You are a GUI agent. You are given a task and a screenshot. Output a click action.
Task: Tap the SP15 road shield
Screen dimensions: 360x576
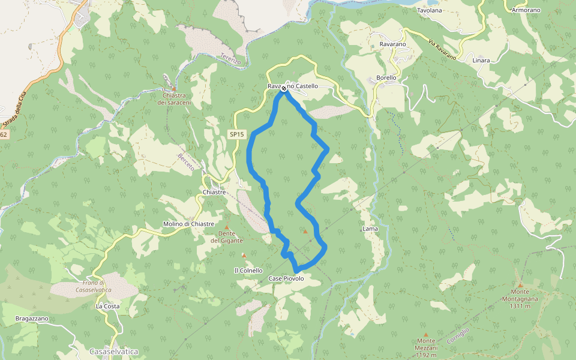[236, 134]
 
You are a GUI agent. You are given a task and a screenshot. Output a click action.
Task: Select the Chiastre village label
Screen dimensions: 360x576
[214, 192]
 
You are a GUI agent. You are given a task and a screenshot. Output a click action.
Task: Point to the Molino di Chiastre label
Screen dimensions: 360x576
[188, 224]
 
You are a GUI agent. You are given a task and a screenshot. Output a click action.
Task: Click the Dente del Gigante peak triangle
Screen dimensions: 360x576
[227, 227]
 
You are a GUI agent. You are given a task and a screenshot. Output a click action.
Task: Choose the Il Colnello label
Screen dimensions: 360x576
[248, 271]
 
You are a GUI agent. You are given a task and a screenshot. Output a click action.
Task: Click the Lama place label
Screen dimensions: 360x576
[370, 229]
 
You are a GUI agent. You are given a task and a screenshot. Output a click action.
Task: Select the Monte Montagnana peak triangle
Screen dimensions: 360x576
[520, 285]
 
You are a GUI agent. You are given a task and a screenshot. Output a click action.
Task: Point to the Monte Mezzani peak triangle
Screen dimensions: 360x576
[426, 335]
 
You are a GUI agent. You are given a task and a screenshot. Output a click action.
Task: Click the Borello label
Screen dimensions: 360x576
[386, 78]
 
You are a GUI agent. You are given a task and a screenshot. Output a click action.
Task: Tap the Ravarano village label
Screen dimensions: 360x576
[393, 44]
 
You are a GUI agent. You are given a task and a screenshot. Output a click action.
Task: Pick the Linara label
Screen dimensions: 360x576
[481, 61]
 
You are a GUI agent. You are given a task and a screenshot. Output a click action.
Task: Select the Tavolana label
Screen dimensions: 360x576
[429, 11]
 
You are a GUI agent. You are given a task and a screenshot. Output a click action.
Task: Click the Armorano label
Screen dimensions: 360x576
[526, 11]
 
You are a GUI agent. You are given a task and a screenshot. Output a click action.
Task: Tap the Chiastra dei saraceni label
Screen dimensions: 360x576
[174, 99]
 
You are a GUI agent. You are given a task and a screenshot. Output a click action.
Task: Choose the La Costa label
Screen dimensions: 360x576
[107, 306]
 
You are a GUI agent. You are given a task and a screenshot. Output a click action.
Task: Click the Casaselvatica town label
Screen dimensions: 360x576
[114, 351]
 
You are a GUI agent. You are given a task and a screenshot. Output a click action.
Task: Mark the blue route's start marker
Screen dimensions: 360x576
[284, 89]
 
